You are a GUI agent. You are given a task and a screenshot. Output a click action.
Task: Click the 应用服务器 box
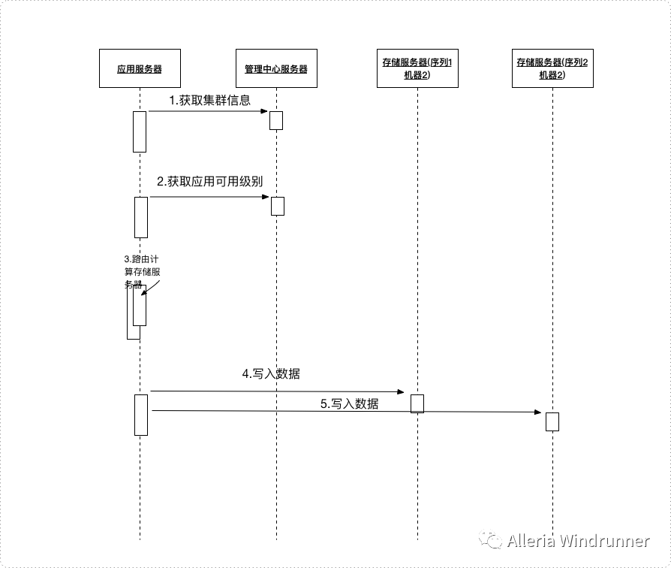pyautogui.click(x=140, y=68)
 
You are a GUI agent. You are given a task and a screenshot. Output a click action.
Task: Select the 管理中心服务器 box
pyautogui.click(x=275, y=68)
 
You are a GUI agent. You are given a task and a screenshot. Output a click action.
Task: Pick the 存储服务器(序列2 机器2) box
pyautogui.click(x=552, y=68)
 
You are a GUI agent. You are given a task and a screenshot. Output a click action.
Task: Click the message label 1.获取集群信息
pyautogui.click(x=209, y=100)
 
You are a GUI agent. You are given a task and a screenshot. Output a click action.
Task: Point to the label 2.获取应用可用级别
pyautogui.click(x=209, y=182)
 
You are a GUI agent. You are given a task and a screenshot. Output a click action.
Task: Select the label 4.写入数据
pyautogui.click(x=271, y=373)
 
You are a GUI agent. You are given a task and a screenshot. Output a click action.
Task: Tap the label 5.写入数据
pyautogui.click(x=349, y=403)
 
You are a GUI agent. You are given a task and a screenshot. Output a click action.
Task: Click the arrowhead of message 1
pyautogui.click(x=265, y=111)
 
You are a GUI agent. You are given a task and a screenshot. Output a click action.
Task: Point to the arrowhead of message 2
pyautogui.click(x=266, y=197)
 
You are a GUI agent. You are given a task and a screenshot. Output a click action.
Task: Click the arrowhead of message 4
pyautogui.click(x=402, y=391)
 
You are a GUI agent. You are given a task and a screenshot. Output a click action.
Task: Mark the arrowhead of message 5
pyautogui.click(x=537, y=412)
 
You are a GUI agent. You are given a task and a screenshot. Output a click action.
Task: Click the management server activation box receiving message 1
pyautogui.click(x=276, y=120)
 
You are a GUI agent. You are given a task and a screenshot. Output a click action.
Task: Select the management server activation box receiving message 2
pyautogui.click(x=278, y=206)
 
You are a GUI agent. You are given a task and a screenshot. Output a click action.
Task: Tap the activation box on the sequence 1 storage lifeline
pyautogui.click(x=417, y=403)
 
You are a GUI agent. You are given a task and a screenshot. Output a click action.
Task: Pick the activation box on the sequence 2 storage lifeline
pyautogui.click(x=552, y=421)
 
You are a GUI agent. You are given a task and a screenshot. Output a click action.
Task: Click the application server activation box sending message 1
pyautogui.click(x=140, y=131)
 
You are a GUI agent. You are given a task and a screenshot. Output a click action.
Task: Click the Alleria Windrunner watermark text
pyautogui.click(x=578, y=541)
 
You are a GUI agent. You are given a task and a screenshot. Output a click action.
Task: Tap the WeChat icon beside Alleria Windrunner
pyautogui.click(x=492, y=540)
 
